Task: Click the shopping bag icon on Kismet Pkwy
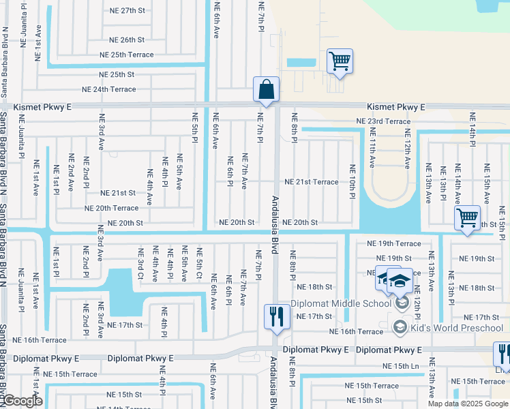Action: (x=266, y=89)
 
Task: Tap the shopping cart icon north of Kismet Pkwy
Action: (x=340, y=61)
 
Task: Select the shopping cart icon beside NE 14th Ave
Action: (x=467, y=219)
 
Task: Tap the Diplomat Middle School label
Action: (x=341, y=303)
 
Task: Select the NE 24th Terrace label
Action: (x=109, y=89)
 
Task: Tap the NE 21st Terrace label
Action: (x=311, y=182)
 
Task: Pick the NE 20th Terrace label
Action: (x=111, y=208)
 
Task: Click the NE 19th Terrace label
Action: (x=394, y=243)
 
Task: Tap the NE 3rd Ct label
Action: (x=140, y=264)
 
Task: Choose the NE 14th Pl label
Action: (x=471, y=130)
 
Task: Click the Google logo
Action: (x=22, y=401)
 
